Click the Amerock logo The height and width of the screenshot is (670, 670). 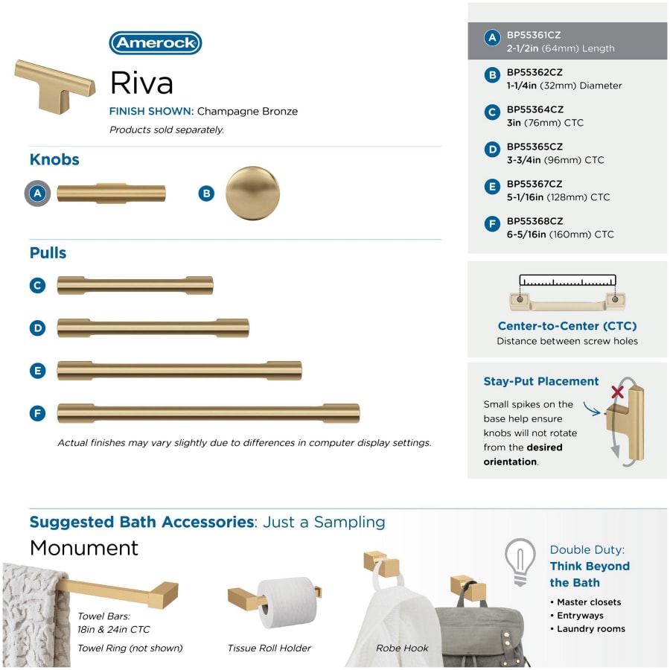pyautogui.click(x=156, y=43)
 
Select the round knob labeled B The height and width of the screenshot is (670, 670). pyautogui.click(x=252, y=193)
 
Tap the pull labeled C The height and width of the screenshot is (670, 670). pyautogui.click(x=135, y=285)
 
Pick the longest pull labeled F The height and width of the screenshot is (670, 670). pyautogui.click(x=208, y=413)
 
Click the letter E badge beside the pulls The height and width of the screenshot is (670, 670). pyautogui.click(x=38, y=371)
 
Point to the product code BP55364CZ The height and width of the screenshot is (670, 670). pyautogui.click(x=535, y=109)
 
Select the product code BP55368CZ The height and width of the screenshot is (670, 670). pyautogui.click(x=535, y=221)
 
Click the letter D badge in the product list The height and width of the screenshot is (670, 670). pyautogui.click(x=491, y=150)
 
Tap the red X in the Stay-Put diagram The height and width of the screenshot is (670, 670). pyautogui.click(x=616, y=392)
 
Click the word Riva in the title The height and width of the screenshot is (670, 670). pyautogui.click(x=141, y=83)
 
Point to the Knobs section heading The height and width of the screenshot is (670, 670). pyautogui.click(x=54, y=159)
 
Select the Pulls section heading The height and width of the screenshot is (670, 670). pyautogui.click(x=48, y=253)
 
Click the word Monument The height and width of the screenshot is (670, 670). pyautogui.click(x=84, y=548)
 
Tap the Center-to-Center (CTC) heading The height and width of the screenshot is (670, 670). pyautogui.click(x=567, y=326)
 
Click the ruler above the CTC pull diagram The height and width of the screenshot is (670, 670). pyautogui.click(x=567, y=281)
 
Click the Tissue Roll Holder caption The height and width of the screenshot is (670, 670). pyautogui.click(x=269, y=648)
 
